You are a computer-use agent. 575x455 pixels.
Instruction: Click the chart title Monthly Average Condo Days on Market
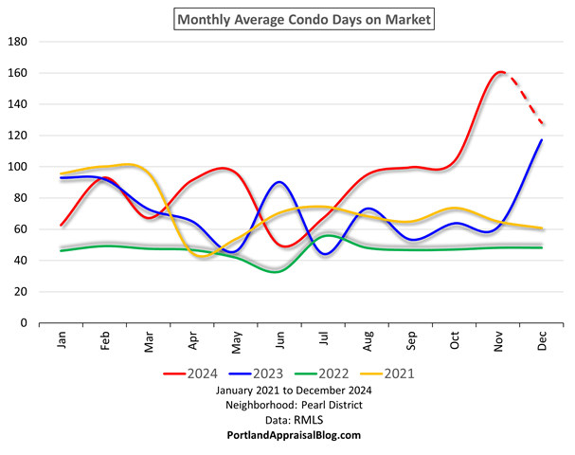coord(288,19)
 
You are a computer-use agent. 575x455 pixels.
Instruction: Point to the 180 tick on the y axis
coord(18,43)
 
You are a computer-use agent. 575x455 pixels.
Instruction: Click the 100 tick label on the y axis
coord(18,167)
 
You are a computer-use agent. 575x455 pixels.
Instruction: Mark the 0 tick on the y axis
coord(25,323)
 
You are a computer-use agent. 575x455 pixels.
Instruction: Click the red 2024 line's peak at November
coord(500,72)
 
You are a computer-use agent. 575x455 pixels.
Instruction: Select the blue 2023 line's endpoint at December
coord(541,140)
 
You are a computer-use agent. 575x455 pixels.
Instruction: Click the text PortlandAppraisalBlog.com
coord(288,435)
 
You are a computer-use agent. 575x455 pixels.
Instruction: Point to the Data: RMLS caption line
coord(288,420)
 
